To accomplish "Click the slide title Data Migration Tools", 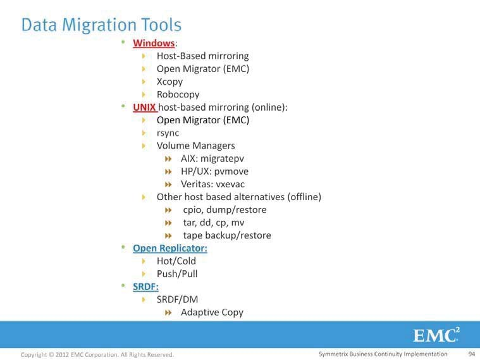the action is click(101, 25).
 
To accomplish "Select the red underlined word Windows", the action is click(154, 43).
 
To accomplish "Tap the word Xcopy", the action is click(169, 82).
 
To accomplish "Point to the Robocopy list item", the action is click(178, 95).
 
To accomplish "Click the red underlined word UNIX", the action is click(144, 107).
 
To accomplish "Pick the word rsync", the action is click(168, 133).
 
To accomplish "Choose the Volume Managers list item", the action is click(195, 146).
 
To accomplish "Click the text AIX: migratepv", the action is click(212, 159).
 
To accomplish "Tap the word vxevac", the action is click(230, 184).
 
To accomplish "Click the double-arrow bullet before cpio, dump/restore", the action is click(168, 210).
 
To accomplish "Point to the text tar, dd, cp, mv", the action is click(214, 223).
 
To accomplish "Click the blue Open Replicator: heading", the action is click(170, 248).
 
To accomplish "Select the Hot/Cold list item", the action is click(176, 261).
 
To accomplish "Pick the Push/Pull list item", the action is click(177, 274).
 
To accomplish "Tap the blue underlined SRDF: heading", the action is click(145, 287).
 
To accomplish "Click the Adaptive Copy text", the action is click(212, 313).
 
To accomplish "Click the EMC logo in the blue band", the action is click(436, 335).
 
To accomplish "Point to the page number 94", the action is click(471, 354).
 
